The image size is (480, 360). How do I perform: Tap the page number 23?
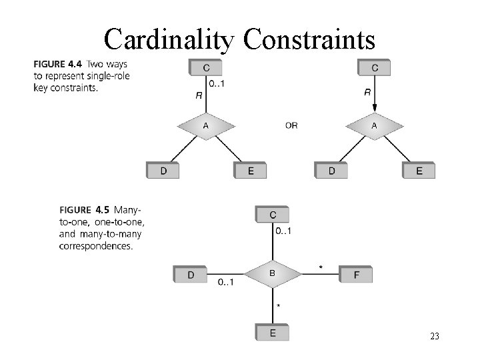pyautogui.click(x=434, y=337)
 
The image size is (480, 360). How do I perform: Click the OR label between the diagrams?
pyautogui.click(x=291, y=125)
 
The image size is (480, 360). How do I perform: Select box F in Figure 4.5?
pyautogui.click(x=356, y=274)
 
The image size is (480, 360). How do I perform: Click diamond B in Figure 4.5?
pyautogui.click(x=272, y=273)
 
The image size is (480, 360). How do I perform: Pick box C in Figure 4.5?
pyautogui.click(x=272, y=214)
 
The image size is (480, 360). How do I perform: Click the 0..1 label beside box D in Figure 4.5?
pyautogui.click(x=225, y=282)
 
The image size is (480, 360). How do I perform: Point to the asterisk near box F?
pyautogui.click(x=321, y=267)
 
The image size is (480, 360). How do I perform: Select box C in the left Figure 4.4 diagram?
pyautogui.click(x=205, y=67)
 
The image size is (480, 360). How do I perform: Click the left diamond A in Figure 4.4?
pyautogui.click(x=205, y=125)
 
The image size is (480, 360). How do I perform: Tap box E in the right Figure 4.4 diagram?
pyautogui.click(x=419, y=171)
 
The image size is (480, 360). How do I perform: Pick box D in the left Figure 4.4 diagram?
pyautogui.click(x=163, y=171)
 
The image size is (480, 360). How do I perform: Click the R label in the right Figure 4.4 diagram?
pyautogui.click(x=367, y=93)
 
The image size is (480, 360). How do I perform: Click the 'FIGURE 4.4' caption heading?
pyautogui.click(x=57, y=65)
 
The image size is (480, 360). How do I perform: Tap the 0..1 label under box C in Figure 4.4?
pyautogui.click(x=216, y=83)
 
